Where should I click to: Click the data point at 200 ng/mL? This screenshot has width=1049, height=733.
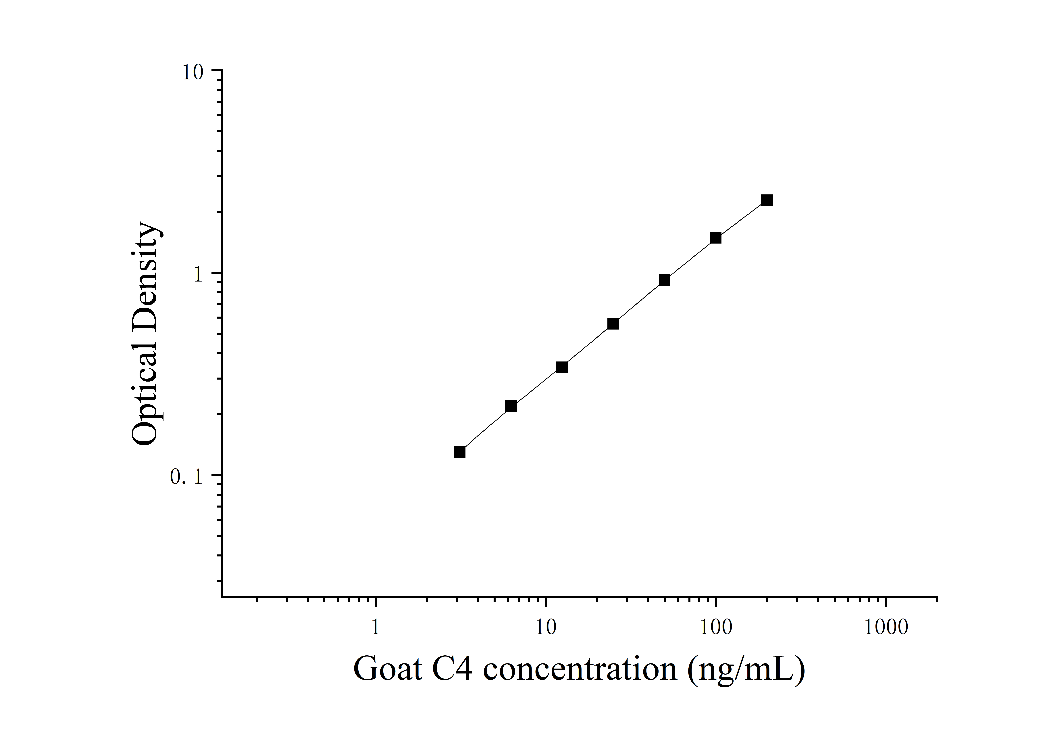[x=767, y=200]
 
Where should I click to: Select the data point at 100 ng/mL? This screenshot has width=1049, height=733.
[x=715, y=238]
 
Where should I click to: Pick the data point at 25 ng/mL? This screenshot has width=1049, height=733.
[x=613, y=324]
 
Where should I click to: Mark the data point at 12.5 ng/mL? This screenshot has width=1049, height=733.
[x=562, y=367]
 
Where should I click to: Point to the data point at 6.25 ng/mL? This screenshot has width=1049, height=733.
[x=511, y=406]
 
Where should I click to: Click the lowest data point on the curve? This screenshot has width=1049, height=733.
[x=460, y=452]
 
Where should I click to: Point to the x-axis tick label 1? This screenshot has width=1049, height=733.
[x=375, y=627]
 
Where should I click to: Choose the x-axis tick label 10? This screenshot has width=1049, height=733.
[x=546, y=627]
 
